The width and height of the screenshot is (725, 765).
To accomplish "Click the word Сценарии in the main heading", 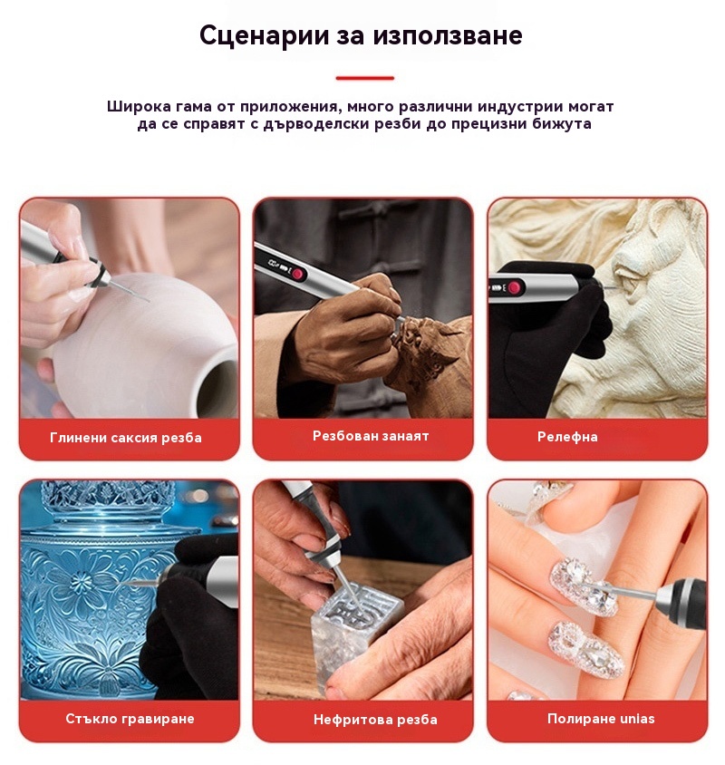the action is point(264,35).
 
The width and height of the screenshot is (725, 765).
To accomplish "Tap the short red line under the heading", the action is point(364,78).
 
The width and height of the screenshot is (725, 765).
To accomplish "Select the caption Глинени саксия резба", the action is point(126,438).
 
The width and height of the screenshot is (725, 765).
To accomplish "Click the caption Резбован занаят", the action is point(371,436).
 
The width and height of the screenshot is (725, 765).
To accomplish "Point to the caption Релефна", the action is point(567,437).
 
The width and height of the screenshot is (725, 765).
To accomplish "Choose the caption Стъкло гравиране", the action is point(130,719).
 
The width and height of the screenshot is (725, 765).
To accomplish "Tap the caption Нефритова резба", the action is point(375,719).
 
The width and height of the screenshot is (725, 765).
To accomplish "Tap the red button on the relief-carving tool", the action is point(514,287).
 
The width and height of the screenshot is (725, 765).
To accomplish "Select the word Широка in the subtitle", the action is point(139,106).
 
